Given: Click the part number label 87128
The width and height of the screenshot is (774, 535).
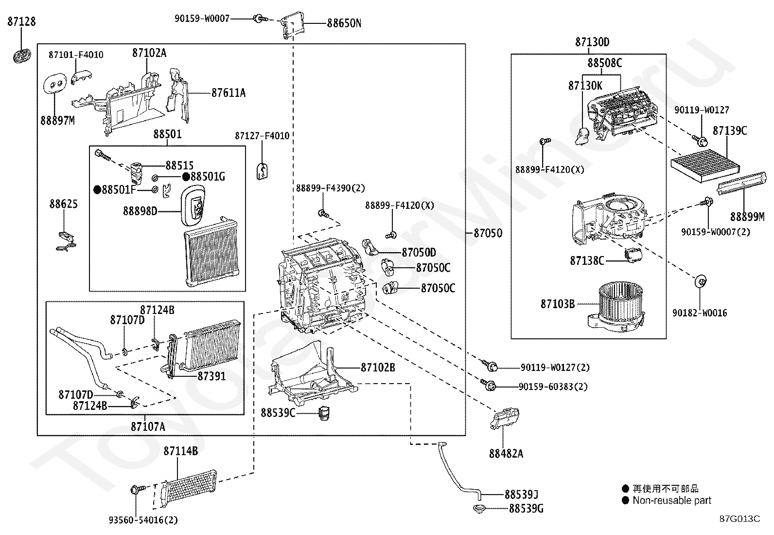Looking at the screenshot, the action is tap(21, 21).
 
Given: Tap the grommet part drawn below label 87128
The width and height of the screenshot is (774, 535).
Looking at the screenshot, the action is tap(22, 55).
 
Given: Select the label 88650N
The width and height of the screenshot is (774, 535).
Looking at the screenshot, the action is tap(344, 23).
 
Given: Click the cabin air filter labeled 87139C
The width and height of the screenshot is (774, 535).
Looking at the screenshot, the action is tap(705, 166).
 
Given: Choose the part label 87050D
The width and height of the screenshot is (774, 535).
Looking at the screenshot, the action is tap(419, 252).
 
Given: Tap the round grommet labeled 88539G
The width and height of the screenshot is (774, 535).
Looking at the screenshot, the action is tap(479, 508).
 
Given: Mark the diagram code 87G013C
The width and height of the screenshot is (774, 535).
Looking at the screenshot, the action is tap(739, 519).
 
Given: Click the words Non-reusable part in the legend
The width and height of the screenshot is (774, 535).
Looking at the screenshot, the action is tap(672, 500).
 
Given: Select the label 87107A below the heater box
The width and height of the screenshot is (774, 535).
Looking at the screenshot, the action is tap(148, 426).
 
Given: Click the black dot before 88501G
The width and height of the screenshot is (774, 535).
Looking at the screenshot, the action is tap(186, 177).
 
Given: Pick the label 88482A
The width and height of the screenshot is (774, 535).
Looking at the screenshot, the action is tap(506, 453).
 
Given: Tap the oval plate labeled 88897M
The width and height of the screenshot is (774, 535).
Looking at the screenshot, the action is tap(55, 83).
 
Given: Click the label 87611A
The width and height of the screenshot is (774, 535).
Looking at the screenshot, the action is tap(229, 93).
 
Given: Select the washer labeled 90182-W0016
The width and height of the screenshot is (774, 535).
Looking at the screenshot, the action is tap(701, 281).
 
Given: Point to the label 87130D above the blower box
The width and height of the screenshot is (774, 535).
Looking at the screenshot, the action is tap(592, 42).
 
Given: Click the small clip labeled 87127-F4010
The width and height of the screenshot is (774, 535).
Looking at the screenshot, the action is tap(262, 171).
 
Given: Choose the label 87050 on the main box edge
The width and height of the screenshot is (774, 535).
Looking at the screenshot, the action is tap(488, 233).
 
